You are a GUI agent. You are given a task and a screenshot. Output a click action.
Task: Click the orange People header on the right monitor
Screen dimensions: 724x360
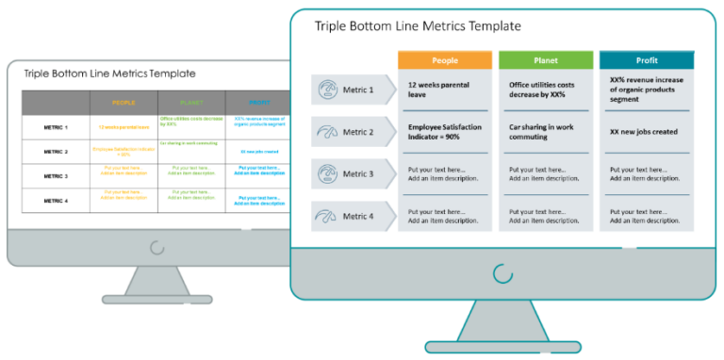pos(444,60)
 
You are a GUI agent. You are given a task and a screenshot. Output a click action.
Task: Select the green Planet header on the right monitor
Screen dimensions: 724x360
pos(545,60)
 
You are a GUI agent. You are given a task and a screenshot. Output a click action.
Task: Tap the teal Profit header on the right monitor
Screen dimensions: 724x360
pos(647,60)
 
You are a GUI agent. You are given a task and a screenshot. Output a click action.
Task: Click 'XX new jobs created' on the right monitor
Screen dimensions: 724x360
pos(645,132)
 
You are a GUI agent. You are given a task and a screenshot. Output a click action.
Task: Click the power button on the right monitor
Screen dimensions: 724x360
pos(502,273)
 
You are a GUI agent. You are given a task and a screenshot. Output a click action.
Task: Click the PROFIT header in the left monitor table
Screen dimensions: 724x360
pos(257,103)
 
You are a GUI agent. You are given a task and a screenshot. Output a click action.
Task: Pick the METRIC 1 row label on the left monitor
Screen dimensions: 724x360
pos(56,126)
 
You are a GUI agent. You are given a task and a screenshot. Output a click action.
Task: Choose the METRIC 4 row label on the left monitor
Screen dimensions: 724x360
pos(56,200)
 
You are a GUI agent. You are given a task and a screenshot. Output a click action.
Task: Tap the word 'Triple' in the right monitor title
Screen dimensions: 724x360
pos(332,25)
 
